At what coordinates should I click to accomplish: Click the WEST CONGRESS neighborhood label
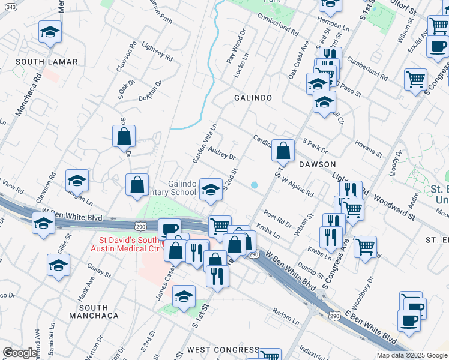(x=223, y=349)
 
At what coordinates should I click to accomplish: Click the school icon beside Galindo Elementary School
(x=211, y=189)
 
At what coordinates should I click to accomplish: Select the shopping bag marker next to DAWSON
(x=283, y=150)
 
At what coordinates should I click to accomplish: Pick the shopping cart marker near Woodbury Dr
(x=365, y=246)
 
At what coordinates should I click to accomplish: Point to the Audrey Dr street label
(x=221, y=154)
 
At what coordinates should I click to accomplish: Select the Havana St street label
(x=366, y=146)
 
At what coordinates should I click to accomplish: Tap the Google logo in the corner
(x=20, y=353)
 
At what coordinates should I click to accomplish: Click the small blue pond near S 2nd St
(x=255, y=185)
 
